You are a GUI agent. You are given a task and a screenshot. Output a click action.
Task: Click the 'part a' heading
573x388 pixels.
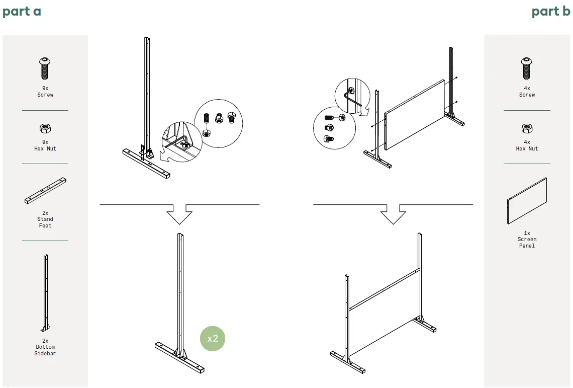pos(22,12)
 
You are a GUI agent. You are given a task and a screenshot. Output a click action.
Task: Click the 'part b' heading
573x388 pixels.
pos(551,12)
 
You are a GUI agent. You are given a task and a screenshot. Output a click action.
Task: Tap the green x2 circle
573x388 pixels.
pos(212,339)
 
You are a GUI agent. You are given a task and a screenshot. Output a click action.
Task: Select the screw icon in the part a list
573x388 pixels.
pos(45,68)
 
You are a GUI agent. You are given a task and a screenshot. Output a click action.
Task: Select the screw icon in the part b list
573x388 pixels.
pos(527,68)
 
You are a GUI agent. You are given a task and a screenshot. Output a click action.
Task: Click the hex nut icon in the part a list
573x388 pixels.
pos(45,128)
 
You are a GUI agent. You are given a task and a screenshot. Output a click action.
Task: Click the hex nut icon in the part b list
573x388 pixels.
pos(527,128)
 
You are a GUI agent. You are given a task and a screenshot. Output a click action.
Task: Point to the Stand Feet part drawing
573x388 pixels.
pos(45,191)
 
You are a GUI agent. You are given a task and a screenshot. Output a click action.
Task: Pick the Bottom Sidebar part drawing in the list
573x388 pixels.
pos(45,293)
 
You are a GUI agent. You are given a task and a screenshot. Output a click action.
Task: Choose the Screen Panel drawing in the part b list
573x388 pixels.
pos(527,201)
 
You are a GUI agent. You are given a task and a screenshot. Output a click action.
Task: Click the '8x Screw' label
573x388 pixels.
pos(45,92)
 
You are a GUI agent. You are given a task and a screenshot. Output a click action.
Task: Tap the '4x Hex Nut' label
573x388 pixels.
pos(527,145)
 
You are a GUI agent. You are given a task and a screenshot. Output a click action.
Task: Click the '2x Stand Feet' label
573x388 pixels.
pos(45,219)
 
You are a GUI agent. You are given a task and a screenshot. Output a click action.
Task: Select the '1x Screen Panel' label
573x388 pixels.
pos(527,240)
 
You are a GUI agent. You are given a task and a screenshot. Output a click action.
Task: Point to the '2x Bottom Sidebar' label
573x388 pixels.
pos(45,347)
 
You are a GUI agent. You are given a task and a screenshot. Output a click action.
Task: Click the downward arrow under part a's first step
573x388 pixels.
pos(179,214)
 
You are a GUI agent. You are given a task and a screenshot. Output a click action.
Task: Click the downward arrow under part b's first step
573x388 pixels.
pos(393,214)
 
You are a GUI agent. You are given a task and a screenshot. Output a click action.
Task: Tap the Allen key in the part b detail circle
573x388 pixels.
pos(351,98)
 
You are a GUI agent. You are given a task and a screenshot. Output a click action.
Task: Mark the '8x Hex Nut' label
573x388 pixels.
pos(45,145)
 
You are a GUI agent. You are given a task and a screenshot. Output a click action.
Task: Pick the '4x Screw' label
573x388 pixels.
pos(527,92)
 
